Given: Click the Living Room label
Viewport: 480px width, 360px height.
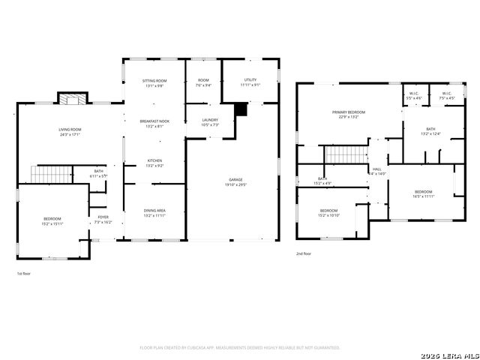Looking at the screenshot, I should [70, 132].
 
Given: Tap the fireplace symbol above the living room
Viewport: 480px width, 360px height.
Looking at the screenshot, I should [72, 100].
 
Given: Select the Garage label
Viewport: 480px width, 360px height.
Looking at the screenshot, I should [235, 181].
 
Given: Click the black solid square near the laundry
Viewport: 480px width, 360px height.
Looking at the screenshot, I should [240, 109].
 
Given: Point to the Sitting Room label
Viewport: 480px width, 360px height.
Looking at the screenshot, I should [154, 82].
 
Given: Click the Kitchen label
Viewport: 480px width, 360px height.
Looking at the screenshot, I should [154, 162].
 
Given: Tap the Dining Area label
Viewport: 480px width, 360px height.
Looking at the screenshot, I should [154, 213].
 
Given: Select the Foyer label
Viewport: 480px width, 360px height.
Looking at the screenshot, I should [103, 220].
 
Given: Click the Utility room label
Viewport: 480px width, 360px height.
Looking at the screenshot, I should [251, 82].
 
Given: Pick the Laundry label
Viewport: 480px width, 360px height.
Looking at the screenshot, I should [210, 122].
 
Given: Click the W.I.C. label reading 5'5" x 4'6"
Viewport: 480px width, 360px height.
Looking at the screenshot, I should [414, 96].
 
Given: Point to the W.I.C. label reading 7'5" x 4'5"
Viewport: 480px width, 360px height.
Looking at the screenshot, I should [446, 96].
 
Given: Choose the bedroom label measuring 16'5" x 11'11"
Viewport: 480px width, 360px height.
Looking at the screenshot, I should [424, 193].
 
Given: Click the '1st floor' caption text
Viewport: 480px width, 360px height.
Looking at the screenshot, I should [23, 274].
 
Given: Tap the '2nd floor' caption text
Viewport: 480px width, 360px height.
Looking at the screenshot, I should [303, 254].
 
